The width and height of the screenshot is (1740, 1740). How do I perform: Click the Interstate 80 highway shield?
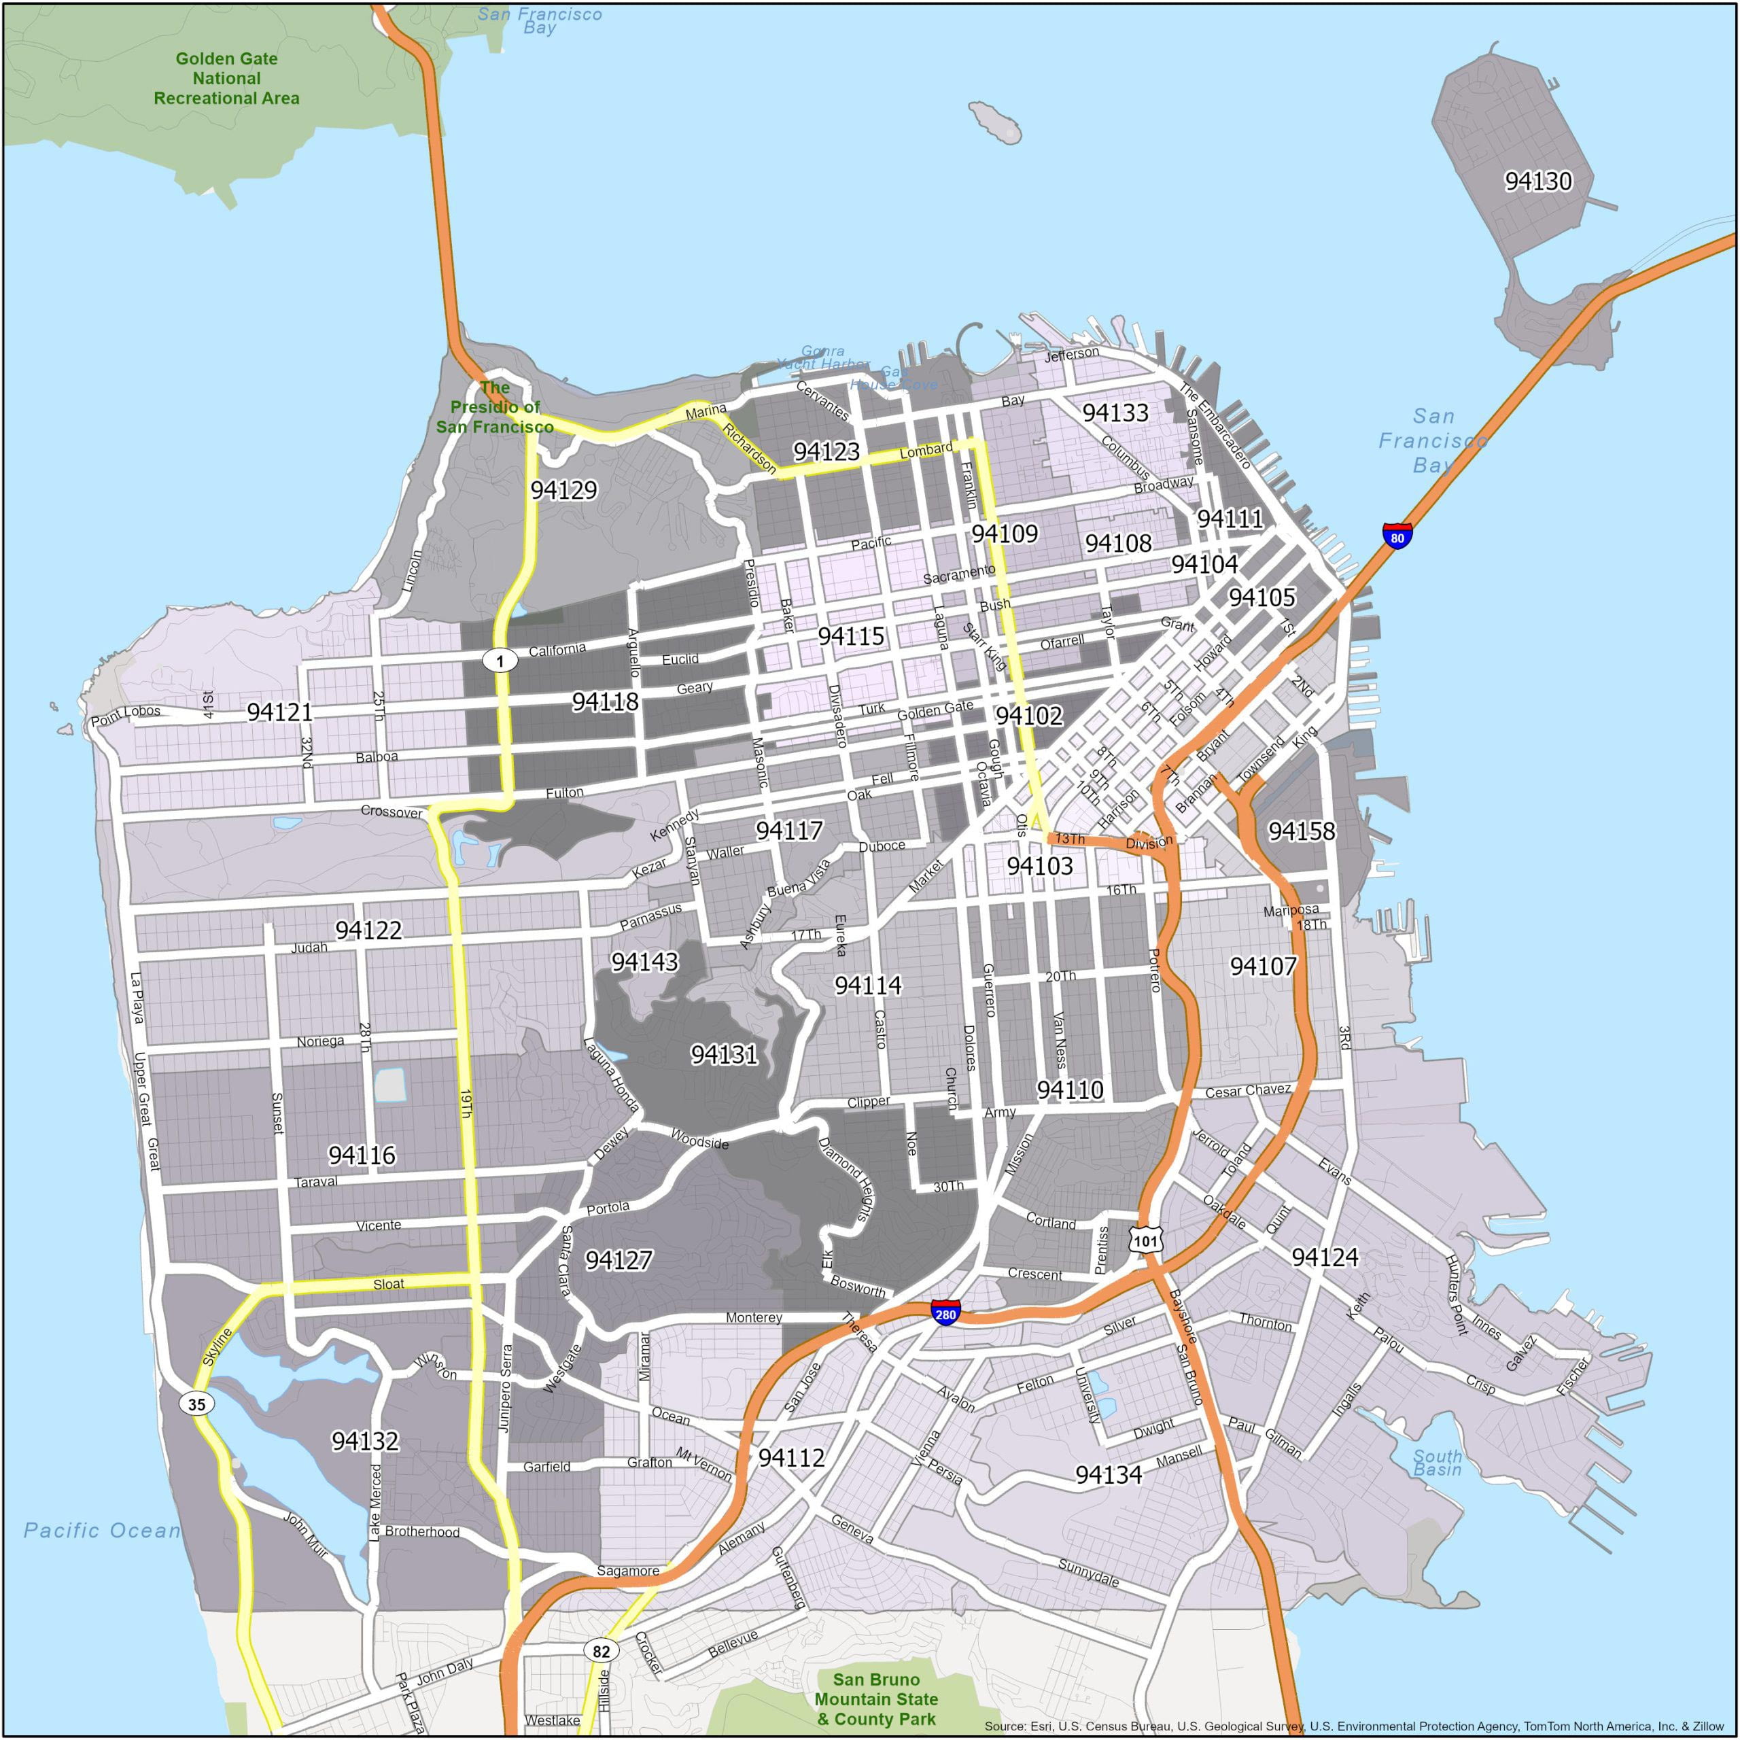1397,537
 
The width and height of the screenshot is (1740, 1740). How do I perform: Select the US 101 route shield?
1145,1241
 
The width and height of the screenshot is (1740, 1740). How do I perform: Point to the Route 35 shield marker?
196,1403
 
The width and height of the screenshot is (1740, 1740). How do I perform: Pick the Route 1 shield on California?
500,660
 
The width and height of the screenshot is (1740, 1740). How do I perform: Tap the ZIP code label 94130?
1538,181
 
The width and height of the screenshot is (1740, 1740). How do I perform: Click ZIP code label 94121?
279,712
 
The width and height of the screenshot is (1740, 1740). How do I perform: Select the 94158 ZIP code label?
1302,831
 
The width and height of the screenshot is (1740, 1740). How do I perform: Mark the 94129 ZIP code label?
563,490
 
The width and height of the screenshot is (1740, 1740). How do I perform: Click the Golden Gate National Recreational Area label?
226,78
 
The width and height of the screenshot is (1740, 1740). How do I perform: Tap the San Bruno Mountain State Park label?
875,1699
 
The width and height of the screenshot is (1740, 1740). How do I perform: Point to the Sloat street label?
388,1283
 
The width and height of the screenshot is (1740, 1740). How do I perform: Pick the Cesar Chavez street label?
1247,1091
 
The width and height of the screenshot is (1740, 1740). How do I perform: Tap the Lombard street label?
926,449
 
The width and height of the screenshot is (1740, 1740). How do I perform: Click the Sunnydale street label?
1088,1573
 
